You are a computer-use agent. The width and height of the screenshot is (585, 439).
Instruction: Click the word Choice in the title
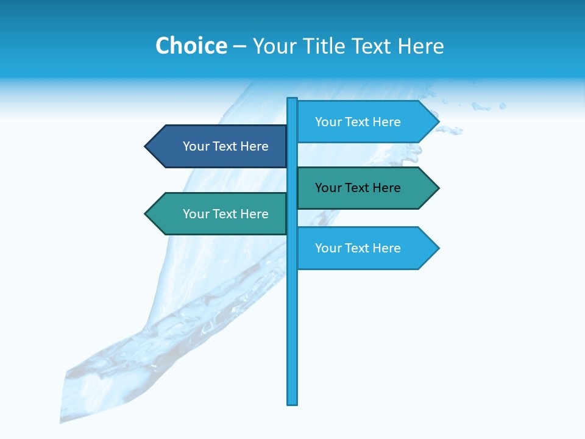(x=191, y=46)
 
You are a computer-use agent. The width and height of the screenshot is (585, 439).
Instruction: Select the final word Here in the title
(x=421, y=46)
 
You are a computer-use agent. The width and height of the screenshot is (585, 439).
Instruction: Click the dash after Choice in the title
(x=239, y=46)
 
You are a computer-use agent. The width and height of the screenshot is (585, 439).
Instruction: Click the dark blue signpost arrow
(x=216, y=146)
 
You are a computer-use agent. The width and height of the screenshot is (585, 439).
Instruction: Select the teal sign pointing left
(x=216, y=214)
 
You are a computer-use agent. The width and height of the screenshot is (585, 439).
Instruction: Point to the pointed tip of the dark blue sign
(x=146, y=146)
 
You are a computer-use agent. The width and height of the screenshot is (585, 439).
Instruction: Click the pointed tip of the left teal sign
(x=146, y=214)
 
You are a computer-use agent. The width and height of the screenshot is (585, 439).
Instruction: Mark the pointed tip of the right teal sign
(x=438, y=188)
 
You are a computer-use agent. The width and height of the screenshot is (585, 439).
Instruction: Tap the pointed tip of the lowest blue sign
(x=438, y=248)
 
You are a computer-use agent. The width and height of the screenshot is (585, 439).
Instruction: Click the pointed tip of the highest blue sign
(x=438, y=122)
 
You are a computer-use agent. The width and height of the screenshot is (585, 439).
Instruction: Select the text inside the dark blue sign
(x=225, y=146)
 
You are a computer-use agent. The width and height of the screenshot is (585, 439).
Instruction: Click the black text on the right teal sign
(x=358, y=188)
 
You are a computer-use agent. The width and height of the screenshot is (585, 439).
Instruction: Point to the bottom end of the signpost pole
(x=292, y=402)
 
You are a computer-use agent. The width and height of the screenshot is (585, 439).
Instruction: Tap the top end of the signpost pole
(x=292, y=99)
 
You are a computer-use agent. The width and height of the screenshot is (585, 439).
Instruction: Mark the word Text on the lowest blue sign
(x=357, y=248)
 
